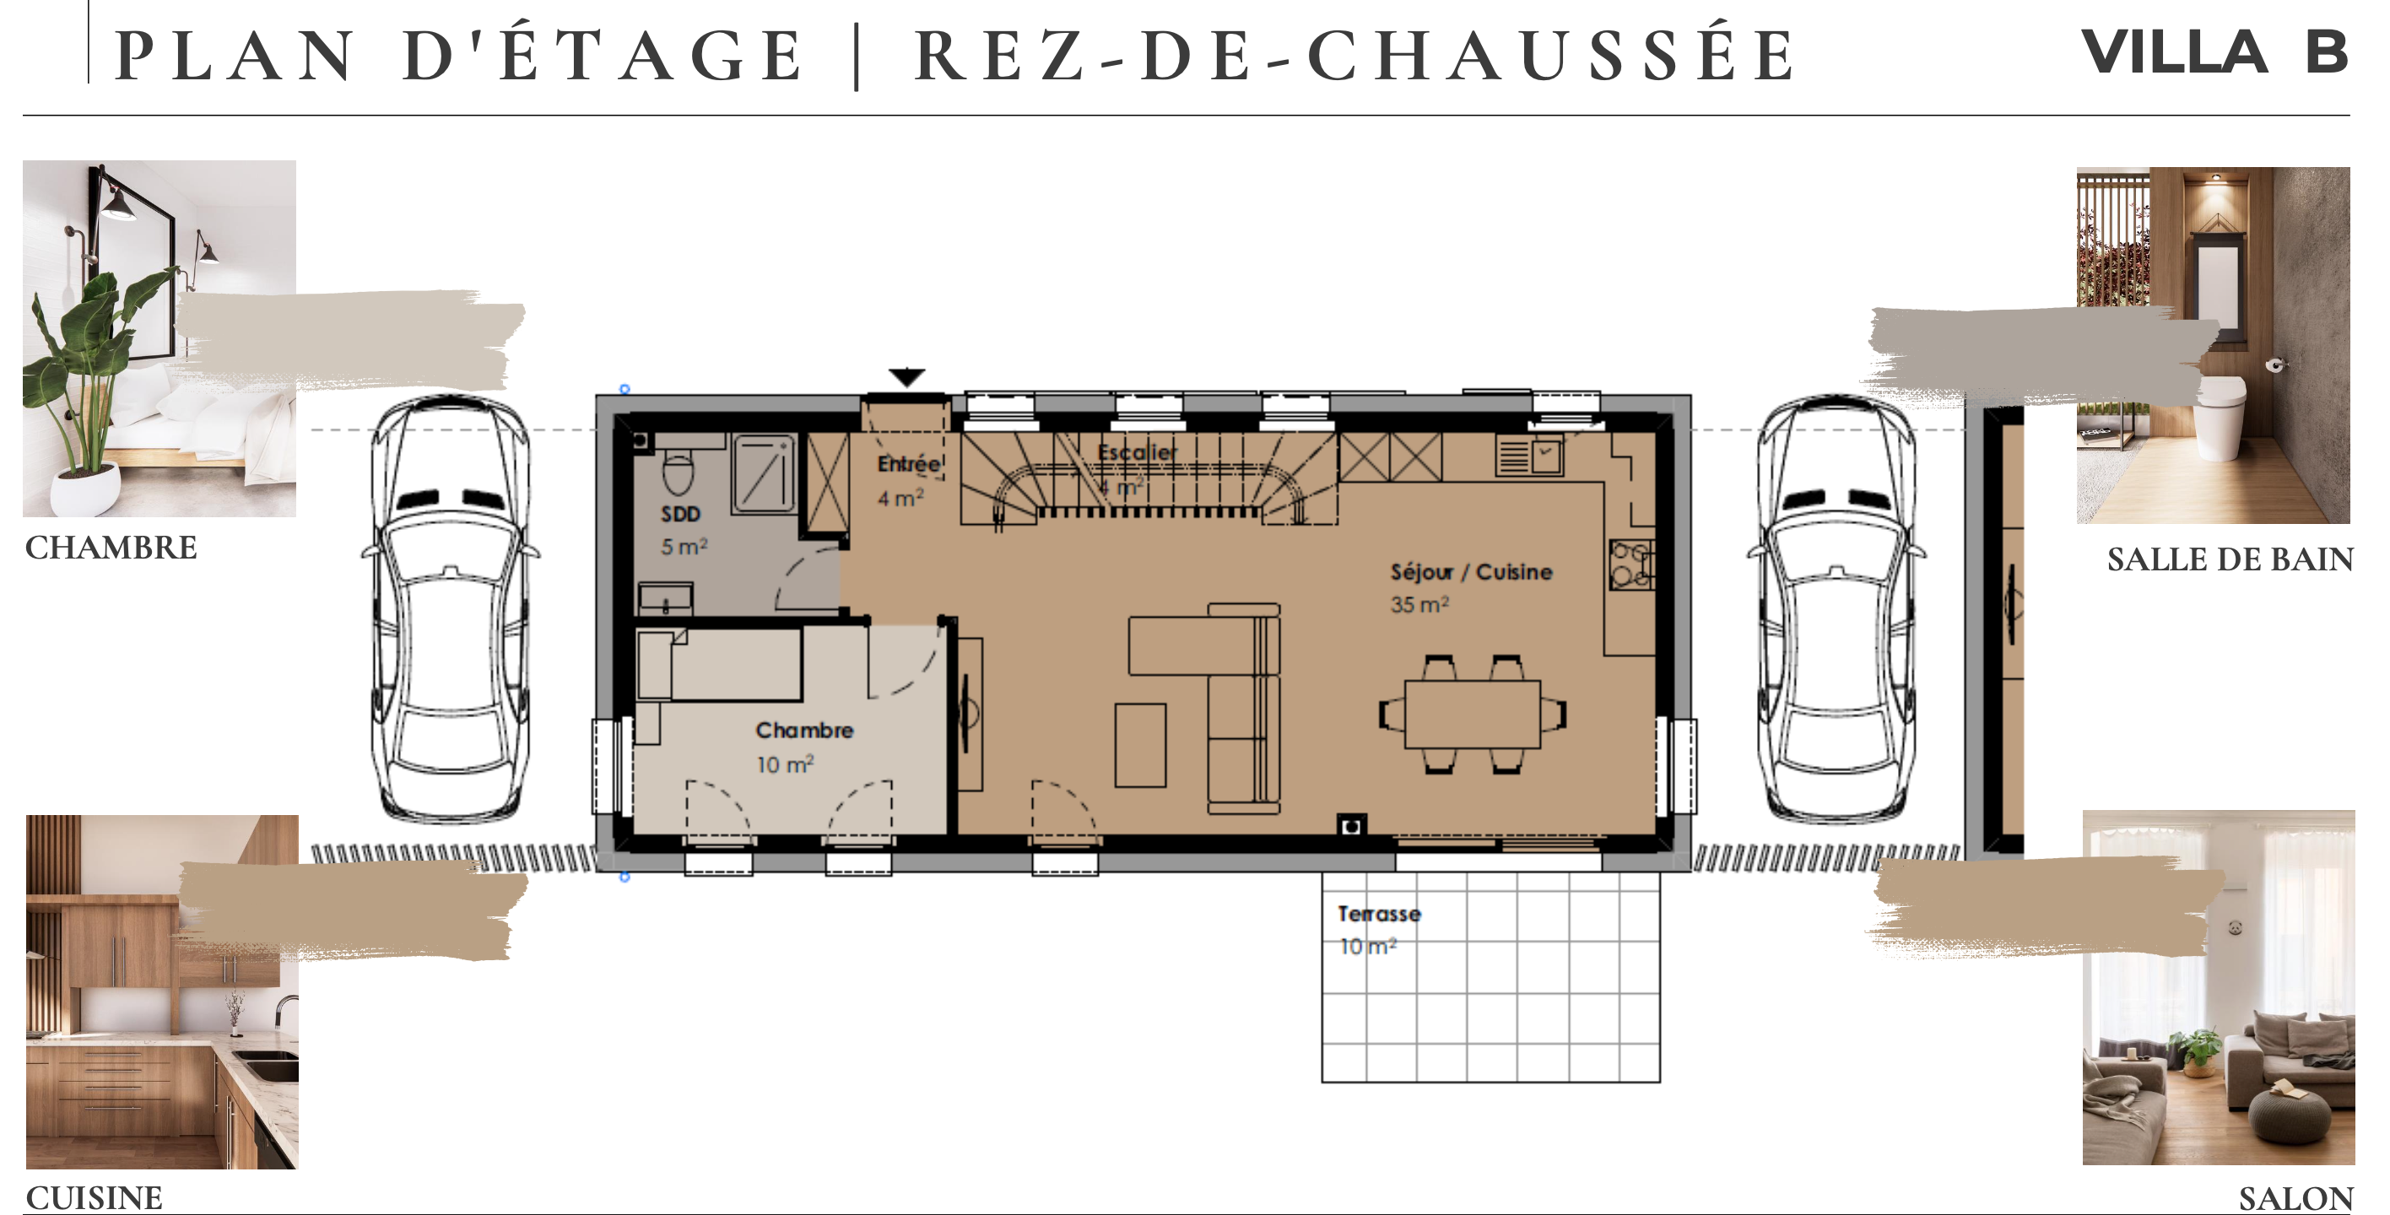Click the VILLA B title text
[x=2214, y=52]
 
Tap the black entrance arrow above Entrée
[x=906, y=376]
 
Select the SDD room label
[x=680, y=514]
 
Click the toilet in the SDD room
[x=679, y=472]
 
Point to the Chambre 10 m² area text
[x=785, y=764]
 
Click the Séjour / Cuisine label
[x=1471, y=571]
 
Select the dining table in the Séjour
[x=1473, y=714]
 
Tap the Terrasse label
[x=1379, y=914]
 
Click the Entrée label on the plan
[x=908, y=464]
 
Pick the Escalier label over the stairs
[x=1137, y=451]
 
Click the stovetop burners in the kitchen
[x=1631, y=564]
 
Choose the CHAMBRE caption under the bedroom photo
[x=111, y=548]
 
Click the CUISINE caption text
[x=94, y=1197]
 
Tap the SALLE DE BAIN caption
[x=2230, y=559]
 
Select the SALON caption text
[x=2295, y=1198]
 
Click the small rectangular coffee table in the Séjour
[x=1140, y=745]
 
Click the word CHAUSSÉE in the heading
[x=1550, y=56]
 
